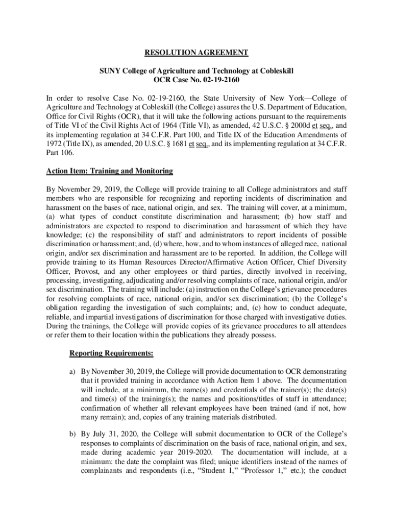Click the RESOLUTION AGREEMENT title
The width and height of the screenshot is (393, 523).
pos(196,53)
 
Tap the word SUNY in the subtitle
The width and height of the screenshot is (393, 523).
pos(109,70)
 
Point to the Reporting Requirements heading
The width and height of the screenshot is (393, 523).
pos(111,353)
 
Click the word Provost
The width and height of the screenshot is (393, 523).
pos(89,271)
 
